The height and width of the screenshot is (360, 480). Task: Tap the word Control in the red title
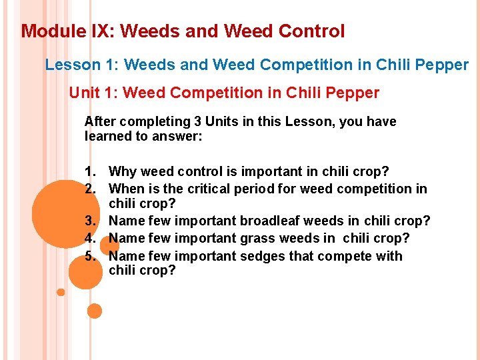click(311, 31)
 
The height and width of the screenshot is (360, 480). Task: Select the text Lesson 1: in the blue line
click(82, 65)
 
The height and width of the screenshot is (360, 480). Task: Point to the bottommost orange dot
click(95, 311)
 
